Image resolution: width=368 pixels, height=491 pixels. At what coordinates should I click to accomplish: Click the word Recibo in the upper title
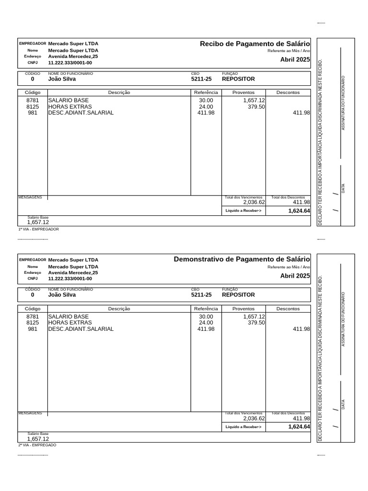click(211, 44)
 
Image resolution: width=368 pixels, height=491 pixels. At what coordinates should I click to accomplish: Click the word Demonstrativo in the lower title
click(197, 259)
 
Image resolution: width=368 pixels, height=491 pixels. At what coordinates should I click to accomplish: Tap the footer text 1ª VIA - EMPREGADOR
click(38, 229)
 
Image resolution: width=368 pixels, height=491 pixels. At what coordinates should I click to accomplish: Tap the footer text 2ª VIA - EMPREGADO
click(37, 445)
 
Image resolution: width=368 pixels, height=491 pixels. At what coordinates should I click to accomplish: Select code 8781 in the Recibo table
click(33, 100)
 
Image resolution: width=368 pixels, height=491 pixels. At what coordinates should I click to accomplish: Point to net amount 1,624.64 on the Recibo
click(299, 211)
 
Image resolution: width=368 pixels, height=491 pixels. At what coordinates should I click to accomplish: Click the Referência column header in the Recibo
click(206, 93)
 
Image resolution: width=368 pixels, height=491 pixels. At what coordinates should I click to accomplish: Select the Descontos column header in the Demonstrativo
click(288, 309)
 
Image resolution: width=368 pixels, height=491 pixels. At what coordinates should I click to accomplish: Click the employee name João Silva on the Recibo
click(62, 79)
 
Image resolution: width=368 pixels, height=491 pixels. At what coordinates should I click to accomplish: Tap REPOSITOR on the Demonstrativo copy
click(238, 295)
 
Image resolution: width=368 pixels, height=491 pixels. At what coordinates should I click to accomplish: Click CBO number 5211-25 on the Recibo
click(201, 79)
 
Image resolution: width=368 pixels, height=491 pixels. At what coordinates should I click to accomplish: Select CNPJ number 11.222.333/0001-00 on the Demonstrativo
click(70, 279)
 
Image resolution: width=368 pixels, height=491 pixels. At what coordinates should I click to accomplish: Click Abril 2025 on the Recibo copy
click(295, 60)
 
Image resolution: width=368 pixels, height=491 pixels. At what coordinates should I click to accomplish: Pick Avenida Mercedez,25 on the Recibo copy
click(73, 57)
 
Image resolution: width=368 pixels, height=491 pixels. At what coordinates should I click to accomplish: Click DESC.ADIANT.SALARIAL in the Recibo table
click(80, 113)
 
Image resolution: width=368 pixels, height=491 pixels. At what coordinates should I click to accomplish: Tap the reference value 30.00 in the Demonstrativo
click(206, 316)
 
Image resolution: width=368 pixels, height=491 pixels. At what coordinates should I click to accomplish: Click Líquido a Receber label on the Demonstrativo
click(243, 427)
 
